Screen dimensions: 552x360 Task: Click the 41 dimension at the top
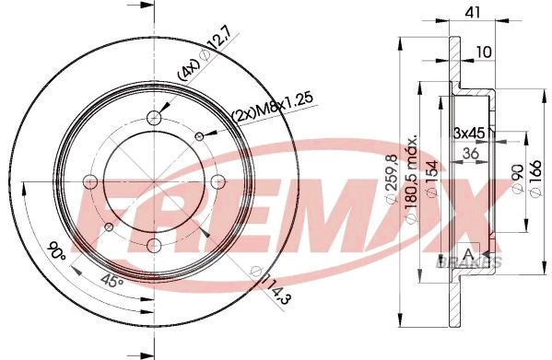472,12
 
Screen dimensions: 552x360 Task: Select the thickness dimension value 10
484,52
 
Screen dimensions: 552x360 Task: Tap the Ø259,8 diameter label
392,179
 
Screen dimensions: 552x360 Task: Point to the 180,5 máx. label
411,179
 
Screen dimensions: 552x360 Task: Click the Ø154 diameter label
431,179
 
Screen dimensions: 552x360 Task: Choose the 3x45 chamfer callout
468,133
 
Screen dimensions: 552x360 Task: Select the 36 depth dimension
470,153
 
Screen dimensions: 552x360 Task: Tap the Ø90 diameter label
518,179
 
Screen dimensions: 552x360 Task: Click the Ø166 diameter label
535,179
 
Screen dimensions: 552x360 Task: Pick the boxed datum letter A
468,253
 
